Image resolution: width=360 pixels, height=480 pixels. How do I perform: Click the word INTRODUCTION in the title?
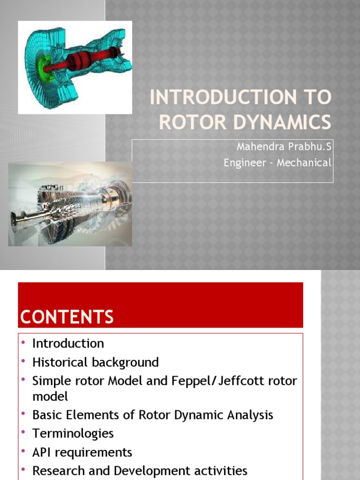pos(223,97)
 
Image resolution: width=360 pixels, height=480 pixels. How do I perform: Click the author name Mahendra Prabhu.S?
pos(284,147)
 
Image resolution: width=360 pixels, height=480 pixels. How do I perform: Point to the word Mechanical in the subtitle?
pos(304,163)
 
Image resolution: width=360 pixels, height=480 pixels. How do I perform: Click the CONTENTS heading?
pos(67,317)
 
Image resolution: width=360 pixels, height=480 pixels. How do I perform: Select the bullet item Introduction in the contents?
pos(68,344)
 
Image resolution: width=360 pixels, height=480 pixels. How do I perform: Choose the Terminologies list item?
pos(73,434)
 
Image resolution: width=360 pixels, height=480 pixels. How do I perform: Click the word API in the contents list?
pos(41,452)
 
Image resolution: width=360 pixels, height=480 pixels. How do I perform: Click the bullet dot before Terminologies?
pos(23,432)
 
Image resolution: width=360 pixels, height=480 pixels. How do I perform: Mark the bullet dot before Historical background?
pos(23,360)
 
